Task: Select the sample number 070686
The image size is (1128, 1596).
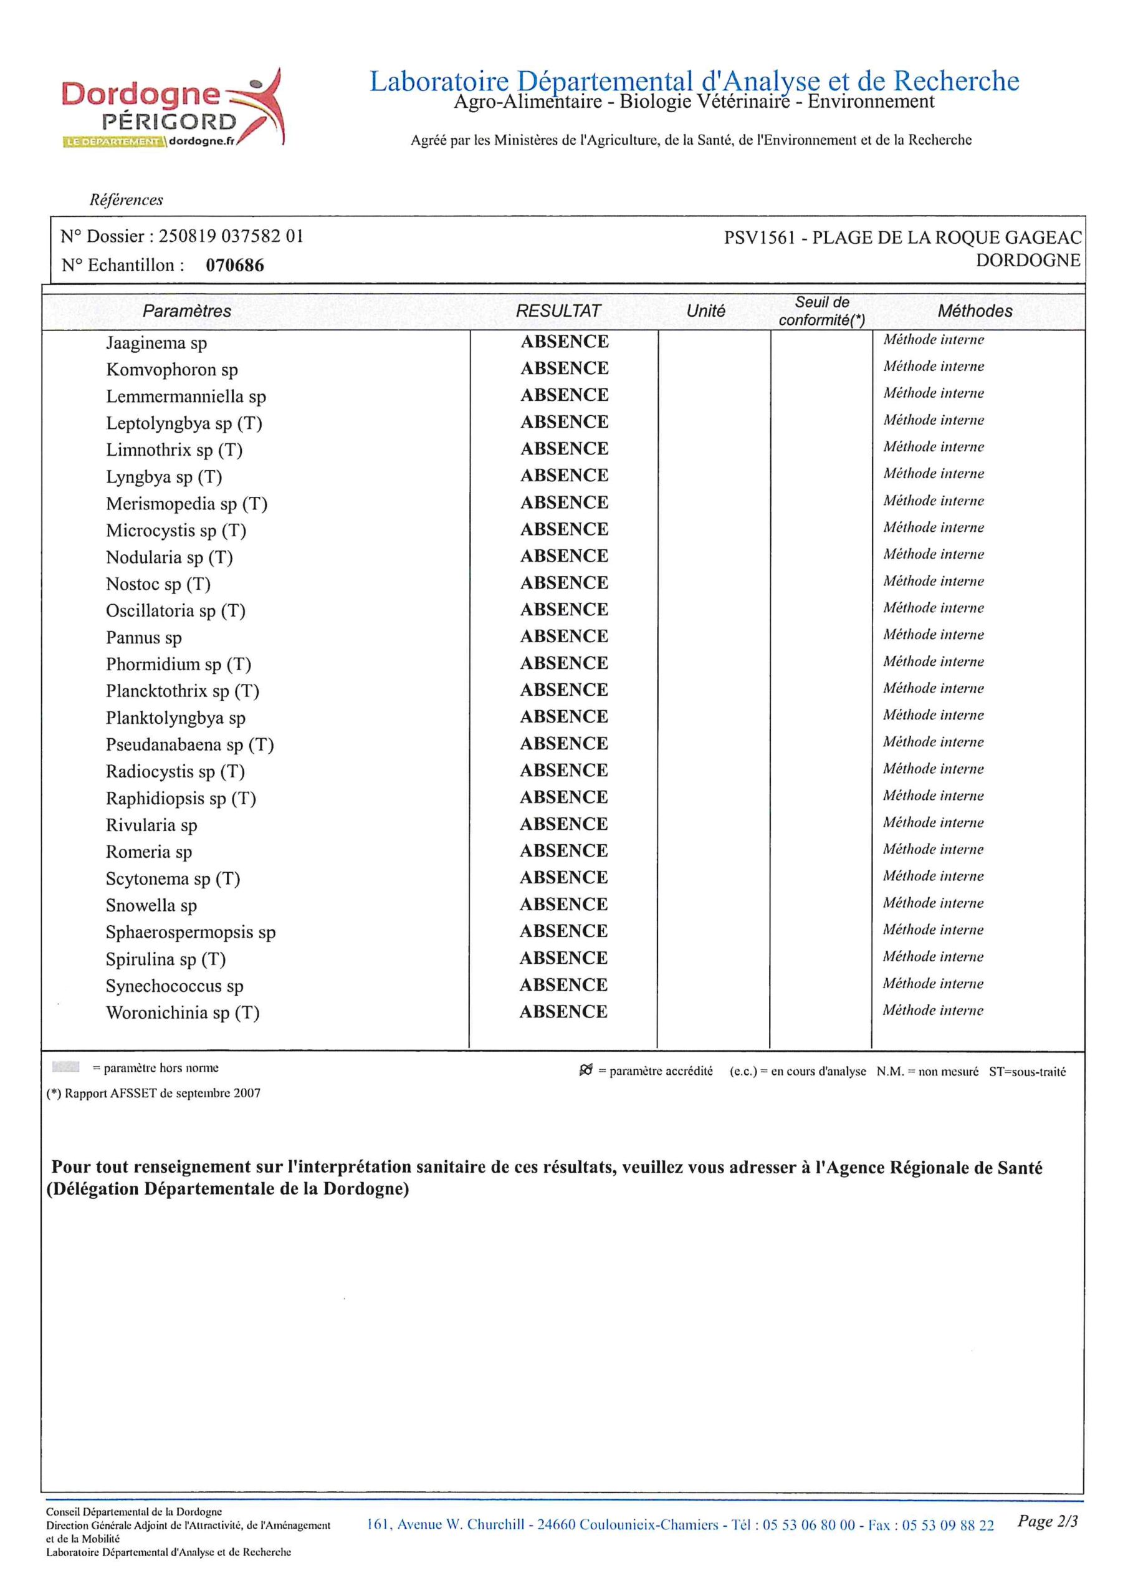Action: click(x=234, y=266)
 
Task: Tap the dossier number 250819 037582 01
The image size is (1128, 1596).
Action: click(x=231, y=236)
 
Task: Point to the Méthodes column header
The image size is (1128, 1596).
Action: click(x=975, y=310)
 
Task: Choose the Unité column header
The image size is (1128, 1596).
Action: click(x=705, y=310)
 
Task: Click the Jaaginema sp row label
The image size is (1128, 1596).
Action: click(x=156, y=343)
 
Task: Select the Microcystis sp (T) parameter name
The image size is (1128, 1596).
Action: click(x=176, y=531)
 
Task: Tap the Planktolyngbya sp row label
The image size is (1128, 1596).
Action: click(x=175, y=718)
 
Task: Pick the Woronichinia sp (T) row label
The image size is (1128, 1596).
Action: click(x=182, y=1013)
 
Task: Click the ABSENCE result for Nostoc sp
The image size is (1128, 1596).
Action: click(x=565, y=582)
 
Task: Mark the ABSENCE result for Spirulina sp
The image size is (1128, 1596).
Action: click(x=563, y=958)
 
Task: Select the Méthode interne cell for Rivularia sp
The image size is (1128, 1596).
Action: click(x=933, y=822)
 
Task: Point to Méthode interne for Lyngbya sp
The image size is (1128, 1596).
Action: click(x=934, y=473)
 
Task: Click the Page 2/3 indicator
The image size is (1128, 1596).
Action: click(x=1047, y=1521)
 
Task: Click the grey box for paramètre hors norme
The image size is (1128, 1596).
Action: click(x=66, y=1067)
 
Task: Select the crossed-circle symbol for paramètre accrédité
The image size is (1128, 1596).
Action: click(x=586, y=1070)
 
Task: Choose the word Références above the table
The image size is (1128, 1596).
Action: click(x=126, y=200)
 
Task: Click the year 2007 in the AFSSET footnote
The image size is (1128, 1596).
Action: click(x=247, y=1094)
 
